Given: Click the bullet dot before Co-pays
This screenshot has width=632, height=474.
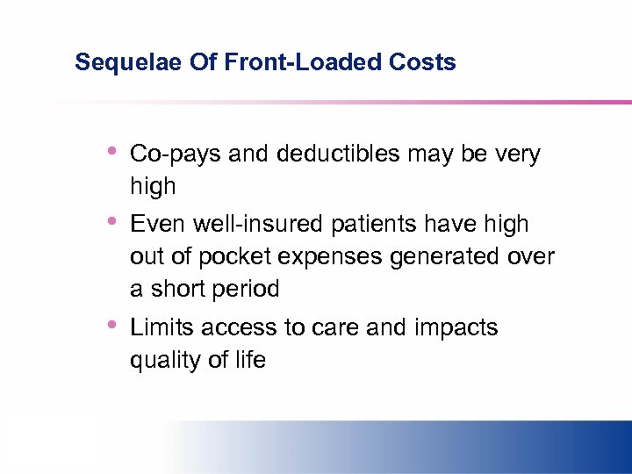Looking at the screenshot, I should tap(111, 151).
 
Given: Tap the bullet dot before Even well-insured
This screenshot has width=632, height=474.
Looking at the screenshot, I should tap(111, 221).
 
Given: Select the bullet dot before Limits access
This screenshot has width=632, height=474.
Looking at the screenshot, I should tap(111, 325).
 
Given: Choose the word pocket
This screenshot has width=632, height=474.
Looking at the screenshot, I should tap(229, 256).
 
